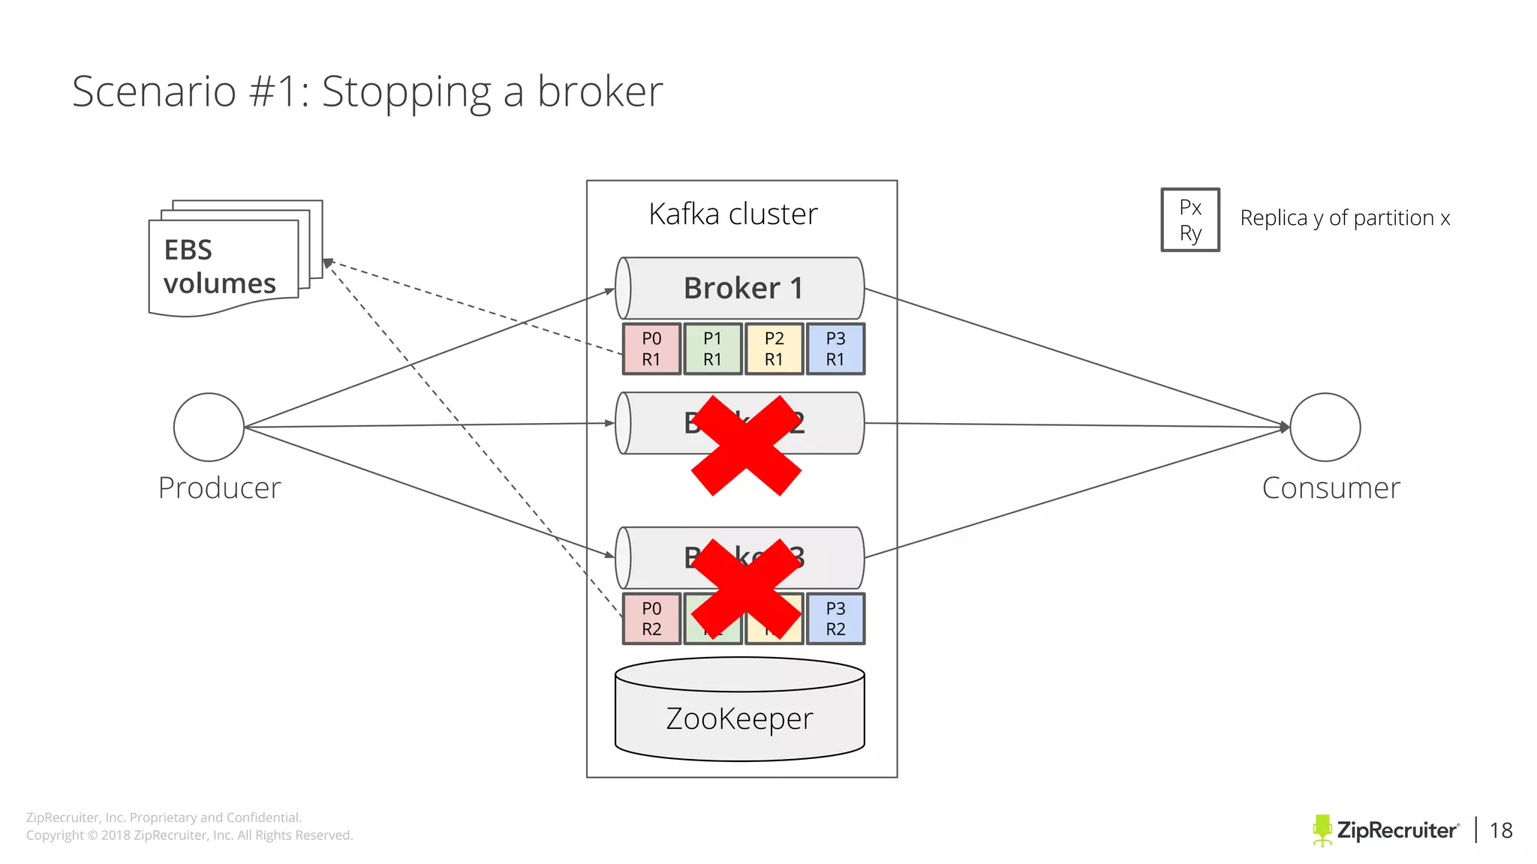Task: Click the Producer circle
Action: point(209,427)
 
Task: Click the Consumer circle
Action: point(1325,427)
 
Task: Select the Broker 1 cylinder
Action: point(740,289)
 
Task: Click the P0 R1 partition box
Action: point(651,349)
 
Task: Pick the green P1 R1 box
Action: point(713,349)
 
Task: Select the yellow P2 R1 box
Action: point(774,349)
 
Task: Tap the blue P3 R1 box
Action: point(835,349)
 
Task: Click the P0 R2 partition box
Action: point(651,619)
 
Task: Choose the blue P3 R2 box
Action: point(835,619)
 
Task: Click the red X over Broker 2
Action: point(746,445)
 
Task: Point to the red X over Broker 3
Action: point(746,588)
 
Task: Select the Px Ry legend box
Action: point(1190,220)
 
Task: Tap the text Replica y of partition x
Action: point(1345,218)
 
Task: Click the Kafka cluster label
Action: point(733,214)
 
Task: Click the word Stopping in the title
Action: point(406,92)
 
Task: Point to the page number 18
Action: point(1501,830)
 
